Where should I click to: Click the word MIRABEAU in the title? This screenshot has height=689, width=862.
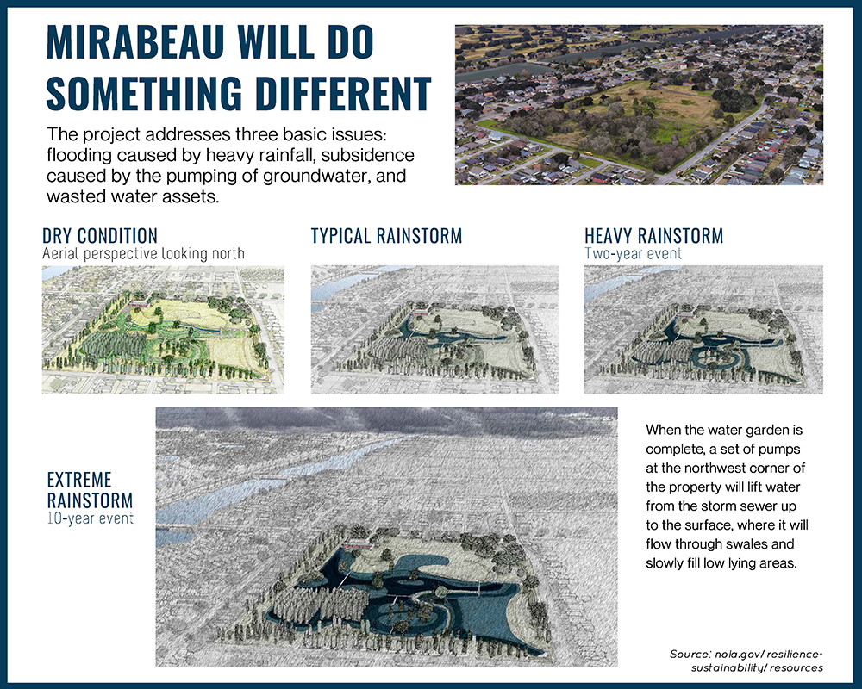tap(135, 41)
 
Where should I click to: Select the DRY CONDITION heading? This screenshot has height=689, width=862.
tap(100, 236)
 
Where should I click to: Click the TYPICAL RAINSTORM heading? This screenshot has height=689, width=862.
tap(386, 236)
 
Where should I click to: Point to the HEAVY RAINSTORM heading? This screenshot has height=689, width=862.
tap(653, 236)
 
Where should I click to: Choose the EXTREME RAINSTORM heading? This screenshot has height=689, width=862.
tap(90, 490)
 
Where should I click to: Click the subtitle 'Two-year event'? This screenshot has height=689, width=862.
tap(633, 253)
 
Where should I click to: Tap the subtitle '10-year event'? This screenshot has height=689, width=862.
tap(90, 518)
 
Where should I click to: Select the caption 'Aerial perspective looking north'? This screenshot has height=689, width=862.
tap(143, 253)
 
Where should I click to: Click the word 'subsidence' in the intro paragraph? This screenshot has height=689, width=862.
tap(368, 155)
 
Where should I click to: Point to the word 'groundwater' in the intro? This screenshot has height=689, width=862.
tap(309, 177)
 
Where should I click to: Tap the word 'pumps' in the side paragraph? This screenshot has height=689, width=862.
tap(779, 450)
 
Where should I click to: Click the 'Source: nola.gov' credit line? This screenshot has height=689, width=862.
tap(746, 661)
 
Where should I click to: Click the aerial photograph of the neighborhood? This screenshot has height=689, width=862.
tap(639, 104)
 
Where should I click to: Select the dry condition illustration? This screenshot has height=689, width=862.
tap(163, 330)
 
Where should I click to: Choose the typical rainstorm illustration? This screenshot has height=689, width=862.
tap(434, 330)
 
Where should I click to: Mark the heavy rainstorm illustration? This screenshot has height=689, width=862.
tap(703, 330)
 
